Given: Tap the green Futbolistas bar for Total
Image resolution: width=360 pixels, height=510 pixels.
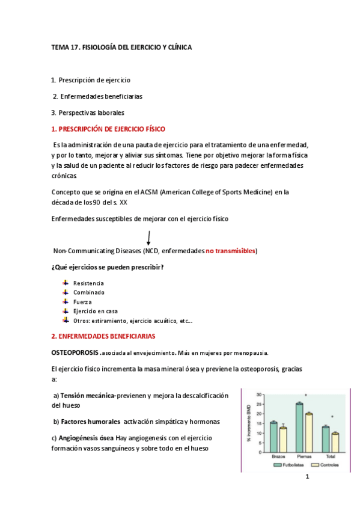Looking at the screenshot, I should click(x=325, y=439).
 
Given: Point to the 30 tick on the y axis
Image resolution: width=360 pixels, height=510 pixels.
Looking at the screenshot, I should click(x=259, y=395).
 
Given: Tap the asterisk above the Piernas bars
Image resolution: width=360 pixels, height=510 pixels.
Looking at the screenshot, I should click(x=305, y=396).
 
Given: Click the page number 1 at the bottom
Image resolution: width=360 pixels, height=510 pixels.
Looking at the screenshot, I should click(x=307, y=478).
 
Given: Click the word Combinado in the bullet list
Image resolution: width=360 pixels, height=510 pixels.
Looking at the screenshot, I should click(x=89, y=292).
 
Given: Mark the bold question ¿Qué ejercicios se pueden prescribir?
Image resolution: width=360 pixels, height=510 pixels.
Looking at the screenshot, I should click(x=108, y=267).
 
